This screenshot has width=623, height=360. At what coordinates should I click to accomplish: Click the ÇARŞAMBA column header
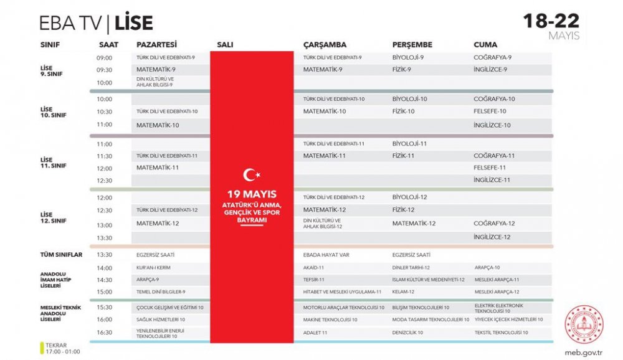[x=325, y=45]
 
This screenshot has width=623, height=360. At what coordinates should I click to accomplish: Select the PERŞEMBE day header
[x=412, y=45]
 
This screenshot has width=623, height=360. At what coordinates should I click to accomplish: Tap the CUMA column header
[x=485, y=45]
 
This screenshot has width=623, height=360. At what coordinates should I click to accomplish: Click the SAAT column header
[x=108, y=45]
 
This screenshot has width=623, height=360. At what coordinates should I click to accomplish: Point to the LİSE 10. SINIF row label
[x=54, y=112]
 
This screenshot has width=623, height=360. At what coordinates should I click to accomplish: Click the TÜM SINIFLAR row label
[x=61, y=255]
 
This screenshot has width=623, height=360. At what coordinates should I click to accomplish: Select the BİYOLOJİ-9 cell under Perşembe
[x=408, y=57]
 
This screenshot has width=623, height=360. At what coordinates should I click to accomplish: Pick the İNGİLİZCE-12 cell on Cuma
[x=492, y=237]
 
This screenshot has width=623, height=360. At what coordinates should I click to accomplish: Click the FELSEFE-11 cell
[x=490, y=168]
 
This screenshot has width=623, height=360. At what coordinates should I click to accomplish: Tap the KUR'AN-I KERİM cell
[x=153, y=267]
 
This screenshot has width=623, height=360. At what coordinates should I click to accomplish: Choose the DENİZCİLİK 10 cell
[x=407, y=333]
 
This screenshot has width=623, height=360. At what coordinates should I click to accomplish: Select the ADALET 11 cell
[x=315, y=333]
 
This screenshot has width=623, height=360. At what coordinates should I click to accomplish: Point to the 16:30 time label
[x=104, y=333]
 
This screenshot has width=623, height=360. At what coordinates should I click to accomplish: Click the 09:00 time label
[x=104, y=58]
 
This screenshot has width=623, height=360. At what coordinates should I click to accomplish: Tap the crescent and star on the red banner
[x=252, y=176]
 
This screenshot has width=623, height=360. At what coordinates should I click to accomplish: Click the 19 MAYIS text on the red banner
[x=252, y=194]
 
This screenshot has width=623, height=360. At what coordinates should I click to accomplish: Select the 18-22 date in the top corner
[x=551, y=21]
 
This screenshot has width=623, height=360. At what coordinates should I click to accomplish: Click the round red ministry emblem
[x=584, y=324]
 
